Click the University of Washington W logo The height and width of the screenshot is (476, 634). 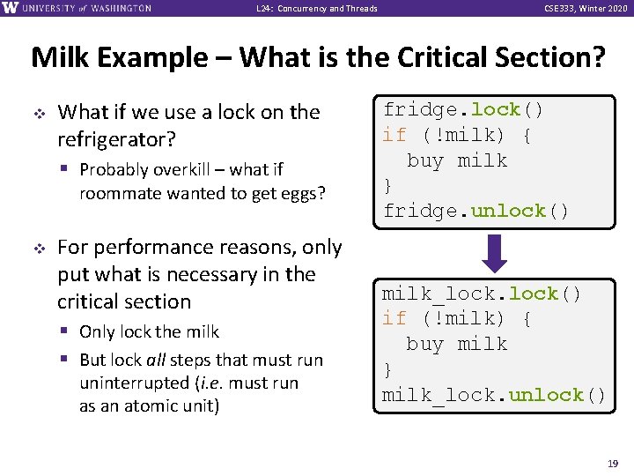tap(10, 8)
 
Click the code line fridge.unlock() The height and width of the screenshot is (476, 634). tap(476, 211)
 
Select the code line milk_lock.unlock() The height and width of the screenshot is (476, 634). tap(494, 395)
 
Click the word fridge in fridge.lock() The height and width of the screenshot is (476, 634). tap(420, 110)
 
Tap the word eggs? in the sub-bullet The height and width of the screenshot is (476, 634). tap(304, 193)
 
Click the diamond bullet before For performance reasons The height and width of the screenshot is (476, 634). tap(40, 248)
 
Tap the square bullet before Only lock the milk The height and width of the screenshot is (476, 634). tap(68, 332)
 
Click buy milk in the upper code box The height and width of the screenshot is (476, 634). tap(457, 160)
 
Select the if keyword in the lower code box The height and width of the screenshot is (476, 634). tap(394, 318)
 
